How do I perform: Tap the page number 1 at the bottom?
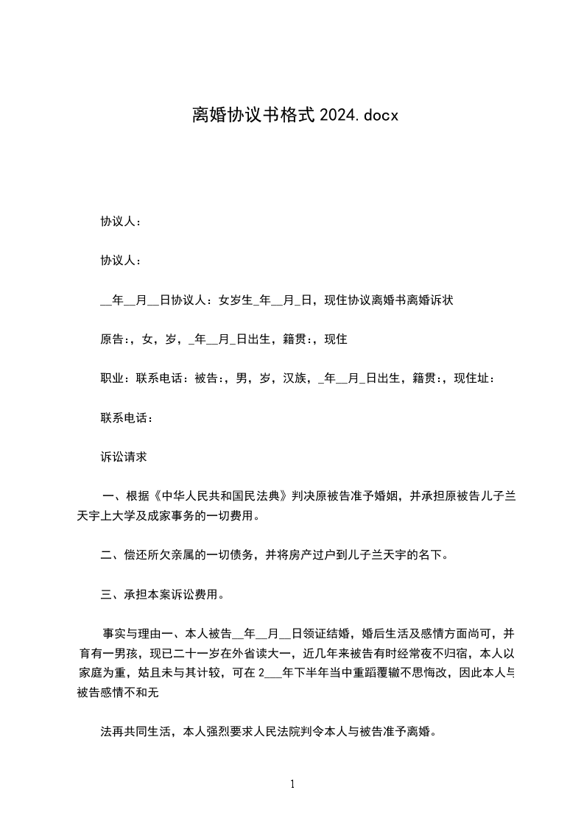coord(292,784)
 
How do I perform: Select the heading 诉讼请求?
coord(124,457)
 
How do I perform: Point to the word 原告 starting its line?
coord(112,339)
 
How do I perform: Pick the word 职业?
coord(112,378)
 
